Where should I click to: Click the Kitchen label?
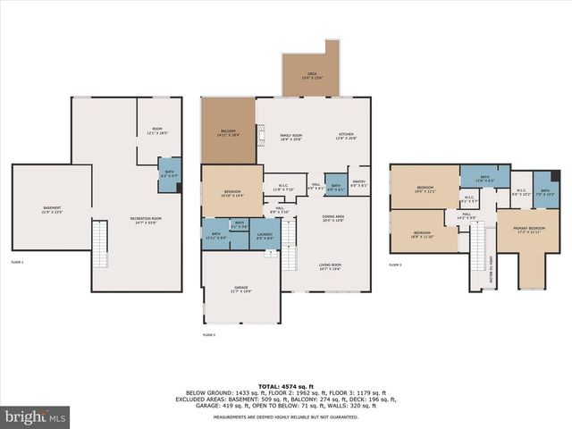pyautogui.click(x=346, y=136)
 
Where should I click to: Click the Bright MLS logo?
pyautogui.click(x=36, y=416)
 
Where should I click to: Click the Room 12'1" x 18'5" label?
pyautogui.click(x=156, y=130)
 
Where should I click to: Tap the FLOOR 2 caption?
pyautogui.click(x=209, y=334)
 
